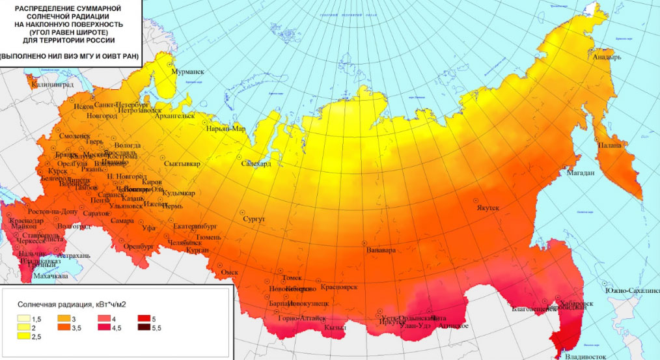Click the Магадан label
click(x=580, y=173)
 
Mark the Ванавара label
click(x=381, y=250)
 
